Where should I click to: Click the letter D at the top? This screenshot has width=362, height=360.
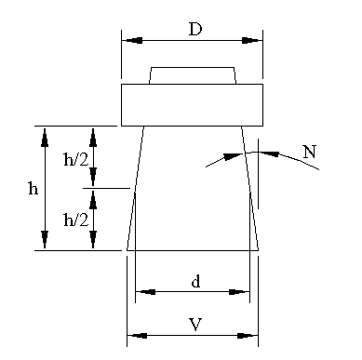(x=195, y=29)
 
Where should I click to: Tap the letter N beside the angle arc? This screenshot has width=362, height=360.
(x=310, y=152)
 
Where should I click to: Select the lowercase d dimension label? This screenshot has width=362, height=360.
(x=195, y=282)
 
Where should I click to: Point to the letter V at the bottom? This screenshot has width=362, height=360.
(x=195, y=325)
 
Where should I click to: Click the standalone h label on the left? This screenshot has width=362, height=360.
(x=34, y=188)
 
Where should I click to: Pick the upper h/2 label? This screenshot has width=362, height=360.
(x=76, y=159)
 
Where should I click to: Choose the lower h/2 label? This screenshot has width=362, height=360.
(x=76, y=220)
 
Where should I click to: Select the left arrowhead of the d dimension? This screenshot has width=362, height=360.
(x=146, y=292)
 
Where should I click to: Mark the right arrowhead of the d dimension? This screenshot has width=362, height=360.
(x=239, y=292)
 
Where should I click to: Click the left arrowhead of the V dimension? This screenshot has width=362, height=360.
(x=138, y=336)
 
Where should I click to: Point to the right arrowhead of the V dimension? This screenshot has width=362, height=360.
(x=248, y=336)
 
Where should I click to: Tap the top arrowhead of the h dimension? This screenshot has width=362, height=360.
(x=45, y=137)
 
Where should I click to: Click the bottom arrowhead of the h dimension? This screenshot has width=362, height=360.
(x=45, y=239)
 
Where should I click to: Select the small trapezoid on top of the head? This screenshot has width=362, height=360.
(x=193, y=75)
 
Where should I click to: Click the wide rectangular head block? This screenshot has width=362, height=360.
(x=192, y=105)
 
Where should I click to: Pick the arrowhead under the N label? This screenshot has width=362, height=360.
(x=269, y=153)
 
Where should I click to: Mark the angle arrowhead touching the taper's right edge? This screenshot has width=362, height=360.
(x=233, y=156)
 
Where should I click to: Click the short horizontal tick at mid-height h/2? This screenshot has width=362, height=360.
(x=106, y=188)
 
